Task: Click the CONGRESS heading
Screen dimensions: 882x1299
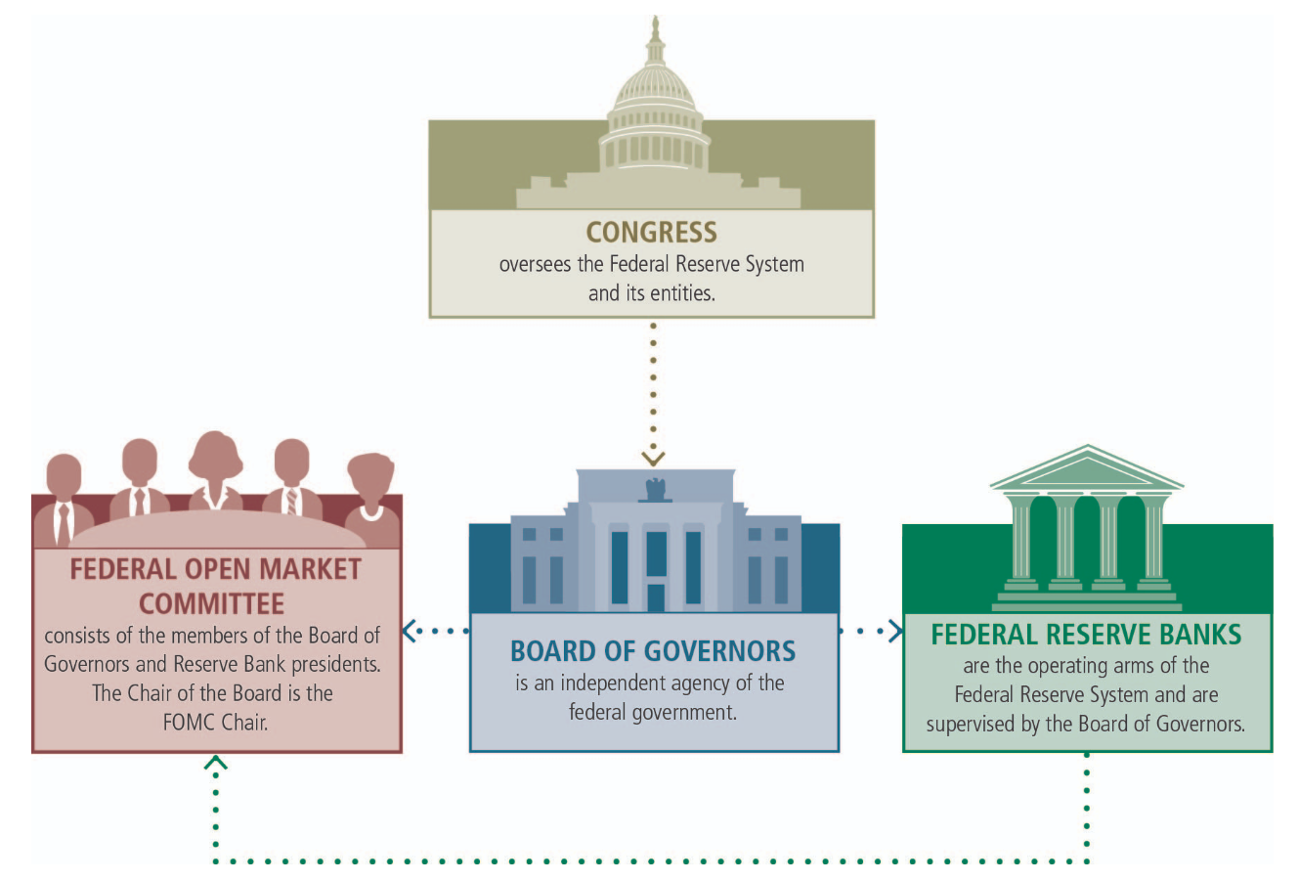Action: (x=651, y=232)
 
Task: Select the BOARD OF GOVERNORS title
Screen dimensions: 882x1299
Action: (x=653, y=651)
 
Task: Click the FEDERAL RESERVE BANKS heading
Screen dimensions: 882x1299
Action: (x=1086, y=635)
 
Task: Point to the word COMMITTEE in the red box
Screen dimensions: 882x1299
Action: (x=211, y=602)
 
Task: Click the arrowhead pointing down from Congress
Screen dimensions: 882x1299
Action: (x=653, y=458)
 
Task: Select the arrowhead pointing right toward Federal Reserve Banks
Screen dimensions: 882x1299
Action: (x=895, y=631)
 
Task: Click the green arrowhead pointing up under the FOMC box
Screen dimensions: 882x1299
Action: (x=216, y=762)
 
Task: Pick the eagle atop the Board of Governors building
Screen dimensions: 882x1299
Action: (x=655, y=488)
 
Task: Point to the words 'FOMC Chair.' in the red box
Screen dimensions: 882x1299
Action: (x=215, y=723)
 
